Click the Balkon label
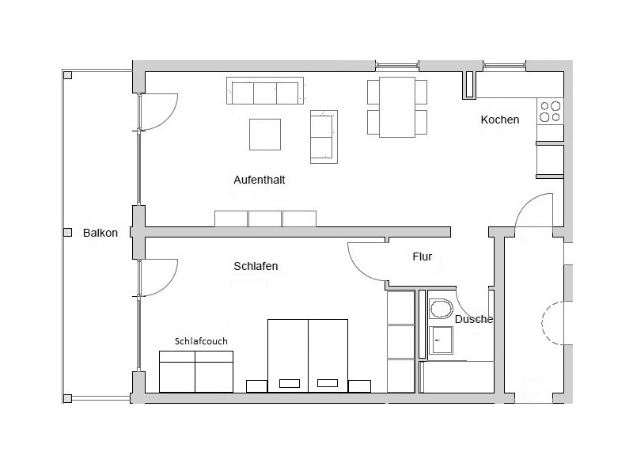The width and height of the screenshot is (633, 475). tap(100, 233)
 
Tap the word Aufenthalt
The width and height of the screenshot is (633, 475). tap(260, 180)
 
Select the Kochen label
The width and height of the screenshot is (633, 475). tap(500, 120)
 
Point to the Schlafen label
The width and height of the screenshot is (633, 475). tap(256, 266)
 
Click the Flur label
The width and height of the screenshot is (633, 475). tap(423, 256)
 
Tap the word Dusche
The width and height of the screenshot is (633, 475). tap(474, 319)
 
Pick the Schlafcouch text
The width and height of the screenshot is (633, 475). tap(201, 341)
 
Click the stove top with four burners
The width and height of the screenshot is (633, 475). tap(550, 112)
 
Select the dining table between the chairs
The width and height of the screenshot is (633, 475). tap(397, 107)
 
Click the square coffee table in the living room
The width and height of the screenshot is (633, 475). tap(265, 135)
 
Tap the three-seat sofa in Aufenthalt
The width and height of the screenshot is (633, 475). tap(265, 91)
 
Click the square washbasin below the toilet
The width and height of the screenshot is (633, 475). tap(441, 340)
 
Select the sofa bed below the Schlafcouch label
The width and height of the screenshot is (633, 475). tap(196, 371)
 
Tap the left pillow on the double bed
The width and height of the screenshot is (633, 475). tap(290, 383)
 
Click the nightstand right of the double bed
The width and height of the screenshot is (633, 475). tap(360, 386)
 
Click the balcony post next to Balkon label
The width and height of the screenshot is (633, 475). tap(68, 233)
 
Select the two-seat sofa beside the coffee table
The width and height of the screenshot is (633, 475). tap(324, 137)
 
